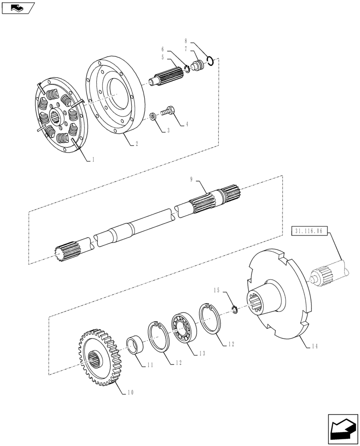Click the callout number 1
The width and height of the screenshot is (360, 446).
93,159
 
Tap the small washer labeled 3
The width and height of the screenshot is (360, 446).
153,117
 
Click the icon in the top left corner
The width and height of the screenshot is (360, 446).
17,7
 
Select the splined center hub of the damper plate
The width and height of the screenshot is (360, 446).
57,118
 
